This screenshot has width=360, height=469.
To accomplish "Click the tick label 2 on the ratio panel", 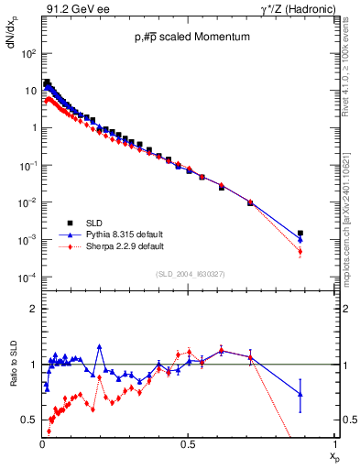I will (33, 309).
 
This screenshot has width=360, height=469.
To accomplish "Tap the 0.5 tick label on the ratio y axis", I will (29, 420).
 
